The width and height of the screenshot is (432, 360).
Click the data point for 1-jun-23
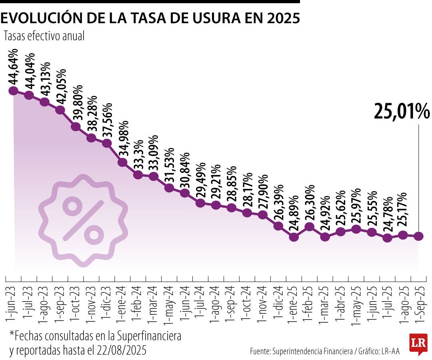tap(13, 91)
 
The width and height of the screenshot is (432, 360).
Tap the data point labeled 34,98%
tap(122, 162)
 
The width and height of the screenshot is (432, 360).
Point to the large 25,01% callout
tap(402, 112)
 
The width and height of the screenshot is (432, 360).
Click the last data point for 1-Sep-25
tap(418, 236)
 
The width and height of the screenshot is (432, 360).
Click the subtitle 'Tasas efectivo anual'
tap(44, 36)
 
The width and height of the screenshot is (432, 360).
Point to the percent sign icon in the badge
tap(83, 220)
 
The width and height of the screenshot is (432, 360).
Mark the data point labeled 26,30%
tap(310, 227)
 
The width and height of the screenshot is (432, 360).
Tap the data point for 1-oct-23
tap(76, 127)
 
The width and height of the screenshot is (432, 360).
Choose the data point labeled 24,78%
tap(387, 238)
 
